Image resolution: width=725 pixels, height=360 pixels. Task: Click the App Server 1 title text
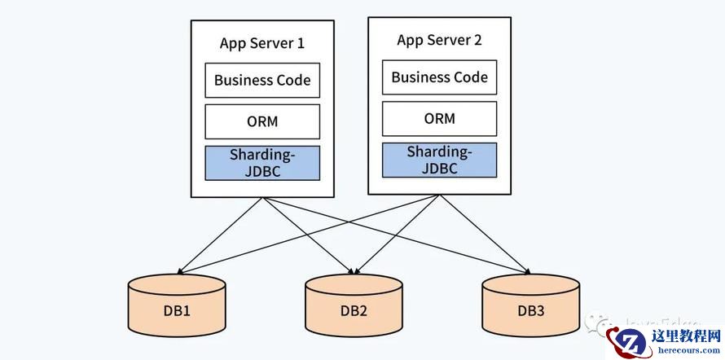(261, 43)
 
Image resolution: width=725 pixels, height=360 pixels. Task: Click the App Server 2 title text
(438, 40)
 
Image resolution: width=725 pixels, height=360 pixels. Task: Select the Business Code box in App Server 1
(261, 80)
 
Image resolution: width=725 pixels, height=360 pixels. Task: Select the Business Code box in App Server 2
(439, 77)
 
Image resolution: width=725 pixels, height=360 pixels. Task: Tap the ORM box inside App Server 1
(261, 121)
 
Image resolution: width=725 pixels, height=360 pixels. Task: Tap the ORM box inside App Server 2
(439, 118)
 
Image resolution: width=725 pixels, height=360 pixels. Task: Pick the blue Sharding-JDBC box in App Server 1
(261, 162)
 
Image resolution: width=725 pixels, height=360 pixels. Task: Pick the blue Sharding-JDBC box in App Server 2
(439, 159)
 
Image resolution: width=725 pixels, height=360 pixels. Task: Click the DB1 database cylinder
(177, 305)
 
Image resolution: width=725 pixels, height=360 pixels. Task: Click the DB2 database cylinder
(354, 305)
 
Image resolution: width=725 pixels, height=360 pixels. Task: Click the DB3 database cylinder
(530, 305)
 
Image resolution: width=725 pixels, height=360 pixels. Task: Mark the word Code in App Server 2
(470, 77)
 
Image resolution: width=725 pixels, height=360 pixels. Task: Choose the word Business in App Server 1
(243, 80)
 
